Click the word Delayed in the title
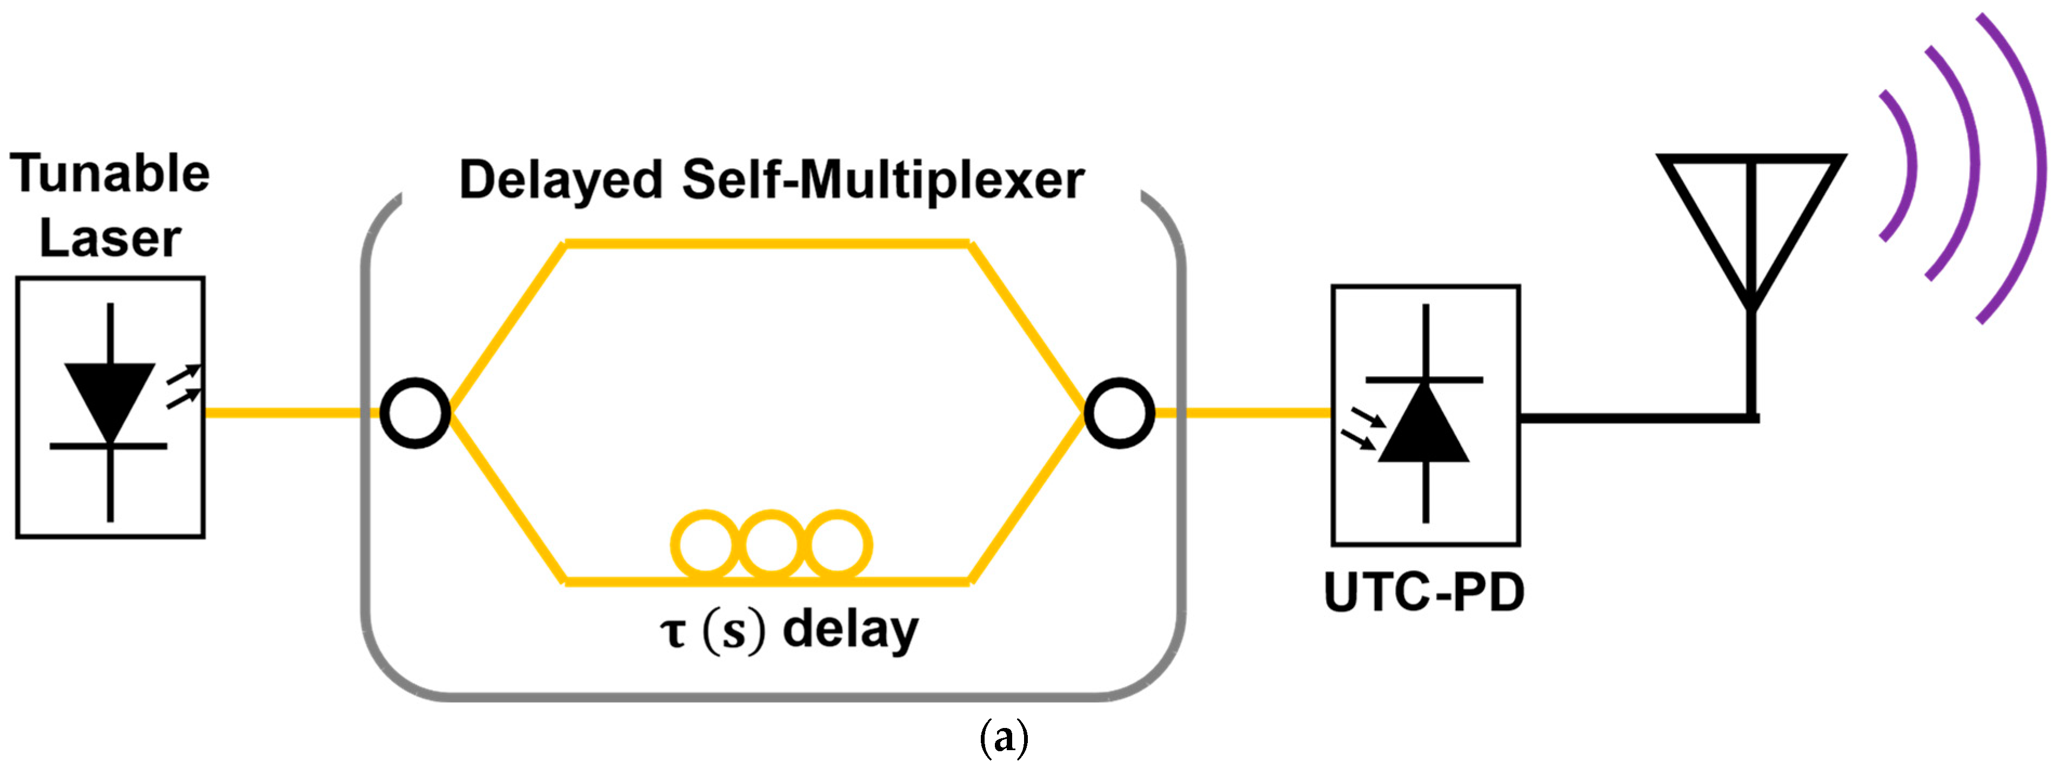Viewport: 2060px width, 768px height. click(560, 181)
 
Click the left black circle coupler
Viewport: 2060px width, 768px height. click(415, 413)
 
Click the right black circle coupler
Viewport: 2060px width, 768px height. click(1119, 413)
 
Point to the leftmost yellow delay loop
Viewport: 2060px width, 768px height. click(705, 545)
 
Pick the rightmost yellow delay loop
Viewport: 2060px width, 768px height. click(837, 545)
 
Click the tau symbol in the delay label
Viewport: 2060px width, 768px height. click(673, 632)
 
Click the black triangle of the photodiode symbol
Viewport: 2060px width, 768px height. click(1424, 428)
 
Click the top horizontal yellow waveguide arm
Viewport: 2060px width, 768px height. click(768, 243)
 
